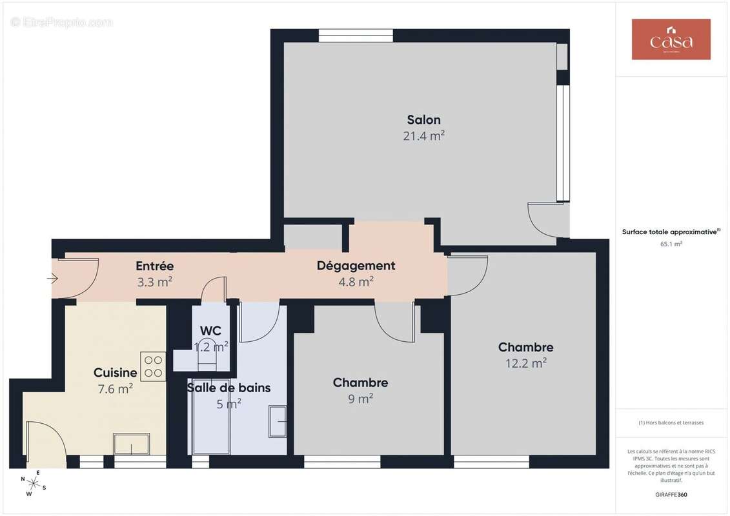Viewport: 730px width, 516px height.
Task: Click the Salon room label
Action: [x=423, y=120]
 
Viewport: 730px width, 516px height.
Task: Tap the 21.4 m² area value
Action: [x=423, y=136]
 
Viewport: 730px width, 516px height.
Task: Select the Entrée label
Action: [x=154, y=266]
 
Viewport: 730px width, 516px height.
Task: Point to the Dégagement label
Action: [x=356, y=266]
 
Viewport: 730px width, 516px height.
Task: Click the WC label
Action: [x=210, y=331]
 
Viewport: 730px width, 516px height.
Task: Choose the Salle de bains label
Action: [x=228, y=388]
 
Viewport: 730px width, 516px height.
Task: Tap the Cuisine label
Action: [x=115, y=373]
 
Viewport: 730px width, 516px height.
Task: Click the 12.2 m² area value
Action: [x=525, y=363]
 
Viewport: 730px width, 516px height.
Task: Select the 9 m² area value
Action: [x=360, y=399]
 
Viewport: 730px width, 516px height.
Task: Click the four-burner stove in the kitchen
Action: [x=154, y=366]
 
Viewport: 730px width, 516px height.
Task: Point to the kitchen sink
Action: [x=132, y=444]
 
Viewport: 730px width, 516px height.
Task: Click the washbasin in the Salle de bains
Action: [x=278, y=421]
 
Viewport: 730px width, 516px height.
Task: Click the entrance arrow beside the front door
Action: [x=52, y=279]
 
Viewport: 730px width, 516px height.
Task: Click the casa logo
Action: [x=671, y=39]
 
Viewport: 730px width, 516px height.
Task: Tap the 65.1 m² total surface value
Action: [x=671, y=244]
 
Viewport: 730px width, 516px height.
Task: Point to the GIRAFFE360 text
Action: [x=671, y=495]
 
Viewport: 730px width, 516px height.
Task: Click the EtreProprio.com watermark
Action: [x=62, y=22]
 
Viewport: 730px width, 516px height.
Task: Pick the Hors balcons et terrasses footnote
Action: [x=671, y=423]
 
